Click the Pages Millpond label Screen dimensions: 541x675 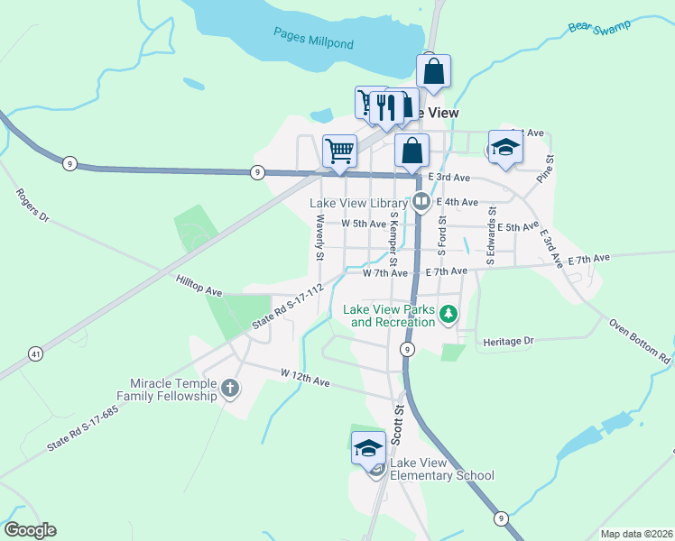[313, 38]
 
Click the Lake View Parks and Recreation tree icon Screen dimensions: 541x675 [449, 315]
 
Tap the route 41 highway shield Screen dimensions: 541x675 [35, 354]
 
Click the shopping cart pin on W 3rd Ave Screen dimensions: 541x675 [338, 151]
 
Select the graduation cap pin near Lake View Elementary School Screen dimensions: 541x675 [368, 448]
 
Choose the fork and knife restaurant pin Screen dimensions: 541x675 [385, 107]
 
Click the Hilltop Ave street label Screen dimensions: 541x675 [199, 286]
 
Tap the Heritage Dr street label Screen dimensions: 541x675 [509, 341]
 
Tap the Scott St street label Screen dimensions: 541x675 [397, 422]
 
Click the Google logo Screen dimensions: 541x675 [30, 530]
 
